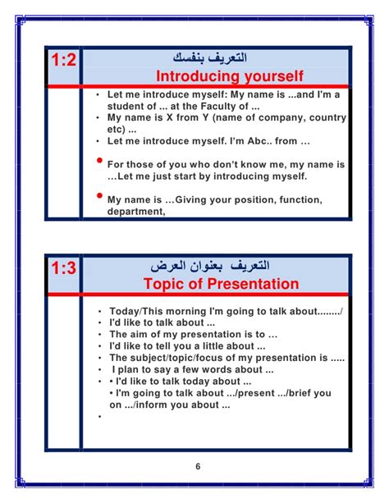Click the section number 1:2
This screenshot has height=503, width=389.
(63, 60)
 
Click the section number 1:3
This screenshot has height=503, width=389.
(63, 268)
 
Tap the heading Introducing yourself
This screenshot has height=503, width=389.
(230, 76)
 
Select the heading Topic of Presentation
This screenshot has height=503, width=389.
(221, 284)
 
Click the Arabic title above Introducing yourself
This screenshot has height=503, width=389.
(210, 57)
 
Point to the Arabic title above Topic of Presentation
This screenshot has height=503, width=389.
(210, 266)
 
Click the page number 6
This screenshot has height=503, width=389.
(198, 466)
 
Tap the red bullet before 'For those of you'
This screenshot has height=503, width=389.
(99, 160)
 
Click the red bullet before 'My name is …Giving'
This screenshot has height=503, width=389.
(99, 195)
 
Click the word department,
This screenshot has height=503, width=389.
(136, 212)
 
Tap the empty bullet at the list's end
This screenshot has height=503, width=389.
(100, 416)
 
